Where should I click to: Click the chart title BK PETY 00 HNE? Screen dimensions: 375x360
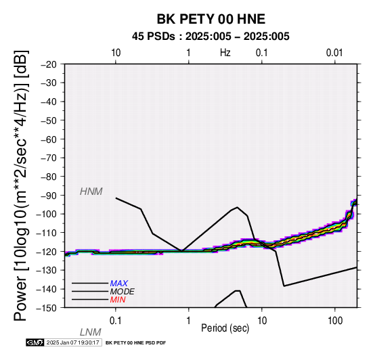(211, 19)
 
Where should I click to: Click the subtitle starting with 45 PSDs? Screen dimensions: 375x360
(211, 37)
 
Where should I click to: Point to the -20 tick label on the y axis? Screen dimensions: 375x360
(49, 64)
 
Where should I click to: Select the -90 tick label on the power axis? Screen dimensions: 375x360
(49, 196)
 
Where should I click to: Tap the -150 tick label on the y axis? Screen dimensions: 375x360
(47, 308)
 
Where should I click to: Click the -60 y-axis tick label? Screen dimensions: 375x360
(49, 139)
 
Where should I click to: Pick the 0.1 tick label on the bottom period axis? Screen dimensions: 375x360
(116, 321)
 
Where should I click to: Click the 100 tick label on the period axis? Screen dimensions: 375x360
(335, 321)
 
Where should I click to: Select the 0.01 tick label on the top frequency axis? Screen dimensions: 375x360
(334, 53)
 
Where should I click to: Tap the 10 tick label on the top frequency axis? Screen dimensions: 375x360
(116, 53)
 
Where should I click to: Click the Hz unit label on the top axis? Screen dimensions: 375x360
(225, 53)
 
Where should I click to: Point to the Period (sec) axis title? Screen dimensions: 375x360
(225, 328)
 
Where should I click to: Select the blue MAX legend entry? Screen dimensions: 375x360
(119, 284)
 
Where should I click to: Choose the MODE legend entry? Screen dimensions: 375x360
(123, 292)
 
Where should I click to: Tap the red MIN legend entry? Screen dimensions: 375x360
(118, 300)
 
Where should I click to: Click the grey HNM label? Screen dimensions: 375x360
(91, 192)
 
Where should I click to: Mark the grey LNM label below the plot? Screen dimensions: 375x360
(91, 332)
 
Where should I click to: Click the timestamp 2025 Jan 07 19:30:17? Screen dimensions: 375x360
(72, 342)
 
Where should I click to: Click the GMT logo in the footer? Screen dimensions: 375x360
(35, 342)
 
